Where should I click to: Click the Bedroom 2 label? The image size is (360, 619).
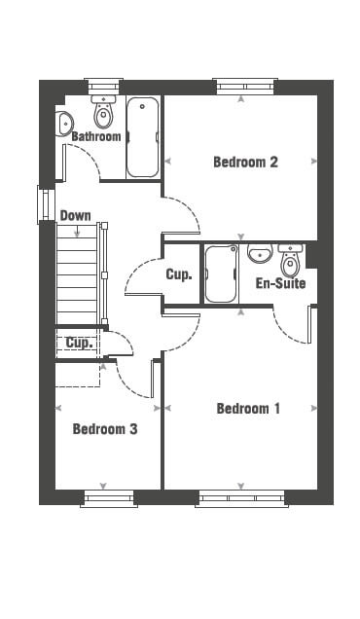pos(245,162)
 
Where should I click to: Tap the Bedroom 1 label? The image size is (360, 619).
pos(248,408)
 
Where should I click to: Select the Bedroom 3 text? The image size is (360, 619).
pos(105,428)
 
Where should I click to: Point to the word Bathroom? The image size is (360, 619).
pos(96,136)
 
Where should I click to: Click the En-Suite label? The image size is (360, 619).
pos(280,283)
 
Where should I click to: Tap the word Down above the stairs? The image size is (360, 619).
pos(75,215)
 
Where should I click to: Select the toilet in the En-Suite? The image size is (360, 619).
pos(291,261)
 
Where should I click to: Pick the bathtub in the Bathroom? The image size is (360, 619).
pos(142,137)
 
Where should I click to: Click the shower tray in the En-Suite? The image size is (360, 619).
pos(221,273)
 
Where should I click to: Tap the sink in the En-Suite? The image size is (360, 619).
pos(260,253)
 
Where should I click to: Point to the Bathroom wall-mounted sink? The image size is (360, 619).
pos(63,124)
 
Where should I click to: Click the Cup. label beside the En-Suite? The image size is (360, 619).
pos(179,274)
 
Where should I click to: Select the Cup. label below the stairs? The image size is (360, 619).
pos(79,343)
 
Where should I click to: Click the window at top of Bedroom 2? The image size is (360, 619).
pos(245,87)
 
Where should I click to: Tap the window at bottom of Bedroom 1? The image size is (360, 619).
pos(241,498)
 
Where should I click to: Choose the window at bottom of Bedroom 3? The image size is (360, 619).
pos(109,498)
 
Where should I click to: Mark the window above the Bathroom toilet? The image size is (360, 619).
pos(103,87)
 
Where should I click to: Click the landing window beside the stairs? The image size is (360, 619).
pos(46,204)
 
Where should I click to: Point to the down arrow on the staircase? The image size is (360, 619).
pos(77,231)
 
